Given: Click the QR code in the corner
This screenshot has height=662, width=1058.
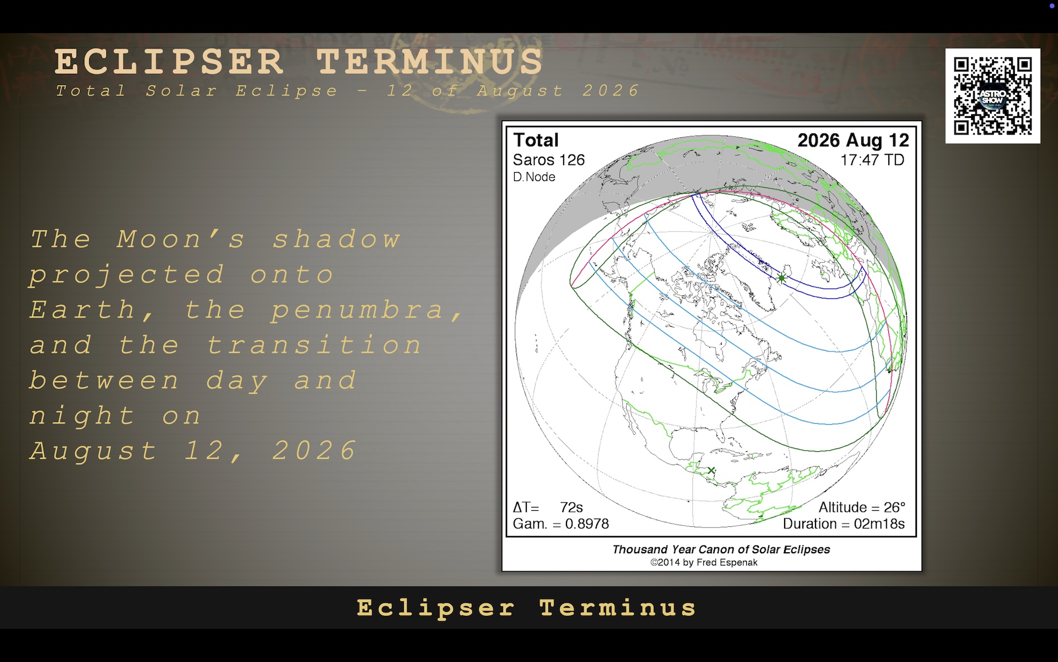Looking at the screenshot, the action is tap(992, 96).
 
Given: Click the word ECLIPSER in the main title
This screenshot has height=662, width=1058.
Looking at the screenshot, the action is tap(169, 61).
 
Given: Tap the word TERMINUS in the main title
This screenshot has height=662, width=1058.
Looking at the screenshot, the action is tap(430, 61).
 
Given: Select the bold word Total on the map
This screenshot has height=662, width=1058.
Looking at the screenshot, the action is tap(536, 140).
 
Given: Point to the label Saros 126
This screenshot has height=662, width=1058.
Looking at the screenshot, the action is tap(548, 160).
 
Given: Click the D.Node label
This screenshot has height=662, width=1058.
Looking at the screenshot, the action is tap(534, 177).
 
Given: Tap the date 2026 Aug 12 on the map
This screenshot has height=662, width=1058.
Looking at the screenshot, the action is tap(853, 141).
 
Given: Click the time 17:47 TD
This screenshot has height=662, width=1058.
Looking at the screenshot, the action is tap(872, 160).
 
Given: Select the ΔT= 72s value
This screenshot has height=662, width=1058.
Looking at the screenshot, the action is tap(548, 508).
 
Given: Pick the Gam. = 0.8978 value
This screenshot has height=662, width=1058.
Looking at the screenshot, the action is tap(561, 524).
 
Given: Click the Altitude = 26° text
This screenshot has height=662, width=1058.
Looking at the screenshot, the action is tap(862, 508).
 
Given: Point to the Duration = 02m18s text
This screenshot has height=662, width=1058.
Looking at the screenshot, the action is tap(844, 524).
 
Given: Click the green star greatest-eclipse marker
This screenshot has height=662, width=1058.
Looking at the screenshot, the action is tap(781, 279).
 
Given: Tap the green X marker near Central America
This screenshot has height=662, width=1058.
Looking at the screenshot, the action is tap(711, 471).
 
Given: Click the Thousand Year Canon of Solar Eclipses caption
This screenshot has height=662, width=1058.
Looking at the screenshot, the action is tap(721, 549).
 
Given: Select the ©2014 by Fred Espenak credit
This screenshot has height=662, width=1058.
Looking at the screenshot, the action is tap(704, 563).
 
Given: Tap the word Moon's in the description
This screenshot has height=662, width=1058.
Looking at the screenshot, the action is tap(181, 239).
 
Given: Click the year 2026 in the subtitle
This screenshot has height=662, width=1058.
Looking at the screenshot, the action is tap(611, 90).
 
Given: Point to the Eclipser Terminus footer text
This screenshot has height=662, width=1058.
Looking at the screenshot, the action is tap(527, 608).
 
